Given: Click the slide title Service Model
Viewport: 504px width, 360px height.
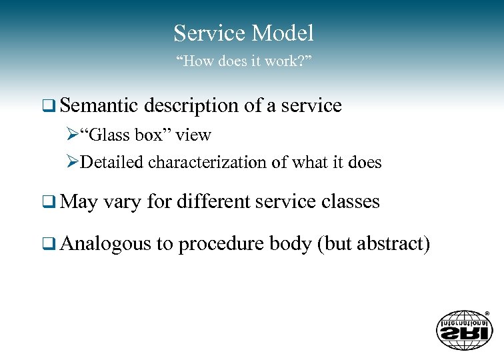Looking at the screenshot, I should pyautogui.click(x=243, y=33).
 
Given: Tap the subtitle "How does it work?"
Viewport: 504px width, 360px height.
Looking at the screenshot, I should pyautogui.click(x=244, y=62).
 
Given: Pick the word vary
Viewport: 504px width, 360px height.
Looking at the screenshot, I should pyautogui.click(x=121, y=201).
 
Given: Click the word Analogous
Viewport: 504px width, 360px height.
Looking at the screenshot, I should pyautogui.click(x=105, y=245).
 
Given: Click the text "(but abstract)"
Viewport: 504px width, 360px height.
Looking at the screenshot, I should pyautogui.click(x=374, y=244).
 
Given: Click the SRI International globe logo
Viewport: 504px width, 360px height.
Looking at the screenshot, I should pyautogui.click(x=464, y=329).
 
